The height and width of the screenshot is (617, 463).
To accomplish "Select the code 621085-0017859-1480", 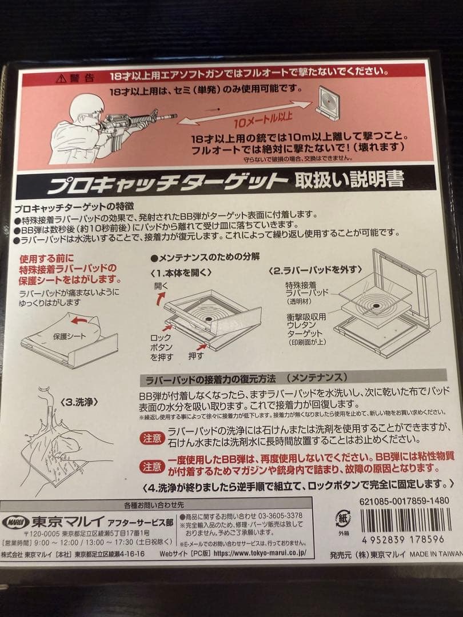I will click(401, 499).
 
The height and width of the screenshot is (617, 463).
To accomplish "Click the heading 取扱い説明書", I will click(349, 180).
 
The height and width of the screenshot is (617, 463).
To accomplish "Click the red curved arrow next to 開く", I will click(162, 297).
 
